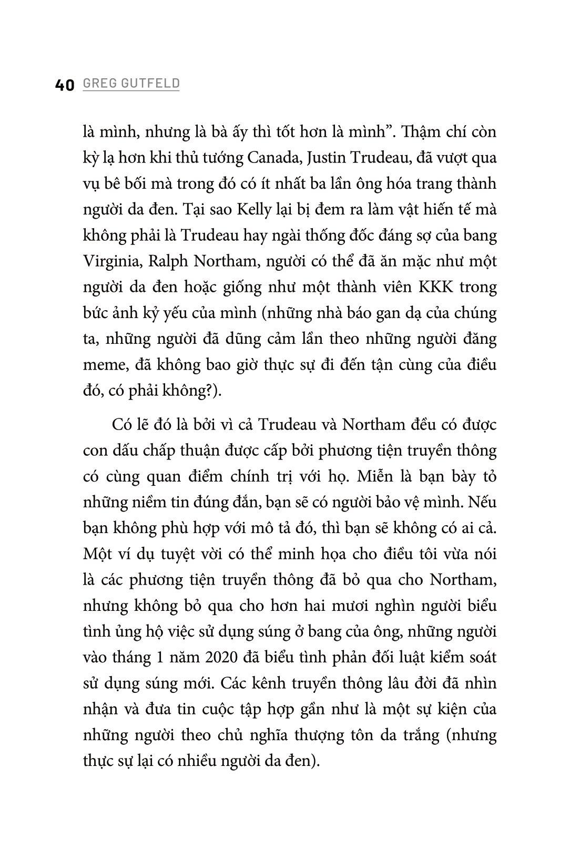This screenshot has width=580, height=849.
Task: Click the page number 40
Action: [x=65, y=86]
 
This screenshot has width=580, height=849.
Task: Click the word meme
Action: [x=102, y=365]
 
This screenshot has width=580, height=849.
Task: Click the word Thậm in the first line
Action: [x=424, y=132]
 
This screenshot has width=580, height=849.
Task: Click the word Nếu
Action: [x=483, y=503]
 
